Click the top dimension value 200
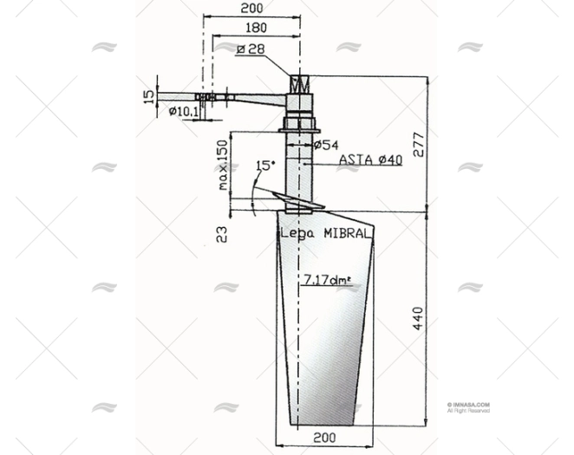[251, 8]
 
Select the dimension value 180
[257, 27]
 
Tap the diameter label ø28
[251, 49]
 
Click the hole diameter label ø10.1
[183, 111]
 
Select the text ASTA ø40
[370, 160]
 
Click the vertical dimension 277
[420, 144]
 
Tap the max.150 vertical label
[223, 165]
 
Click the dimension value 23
[222, 233]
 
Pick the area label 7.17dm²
[327, 279]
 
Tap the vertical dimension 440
[418, 318]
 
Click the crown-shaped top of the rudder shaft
[299, 86]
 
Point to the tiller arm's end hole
[208, 97]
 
